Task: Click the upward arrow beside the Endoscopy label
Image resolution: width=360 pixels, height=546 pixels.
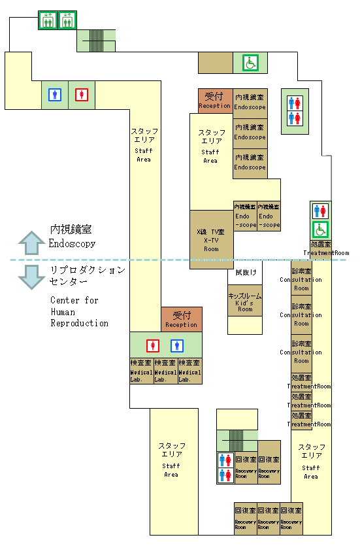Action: (x=31, y=243)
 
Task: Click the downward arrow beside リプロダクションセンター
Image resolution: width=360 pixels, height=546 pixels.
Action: (x=31, y=275)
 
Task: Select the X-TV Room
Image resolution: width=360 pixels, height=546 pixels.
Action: (x=211, y=239)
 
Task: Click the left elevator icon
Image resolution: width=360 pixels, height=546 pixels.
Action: (x=48, y=20)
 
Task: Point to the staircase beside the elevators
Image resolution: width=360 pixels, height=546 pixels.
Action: (x=97, y=40)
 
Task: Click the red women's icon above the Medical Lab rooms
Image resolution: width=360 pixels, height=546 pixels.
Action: (x=154, y=345)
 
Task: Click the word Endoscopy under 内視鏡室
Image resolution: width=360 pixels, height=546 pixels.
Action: (x=72, y=244)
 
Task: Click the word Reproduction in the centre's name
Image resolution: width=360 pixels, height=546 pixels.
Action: (x=80, y=323)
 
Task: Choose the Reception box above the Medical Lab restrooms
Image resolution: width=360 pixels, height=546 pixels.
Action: (x=181, y=319)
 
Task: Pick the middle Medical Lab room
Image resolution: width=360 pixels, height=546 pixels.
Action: (x=165, y=371)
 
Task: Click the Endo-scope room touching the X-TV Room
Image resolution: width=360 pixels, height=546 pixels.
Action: (x=245, y=215)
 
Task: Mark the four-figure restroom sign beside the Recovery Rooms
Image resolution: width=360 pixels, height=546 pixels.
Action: (x=225, y=467)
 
